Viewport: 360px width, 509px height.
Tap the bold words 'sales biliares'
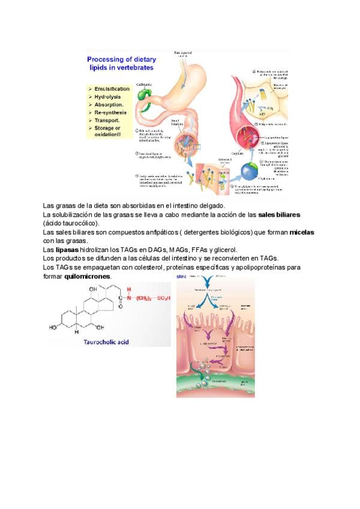coord(279,214)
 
